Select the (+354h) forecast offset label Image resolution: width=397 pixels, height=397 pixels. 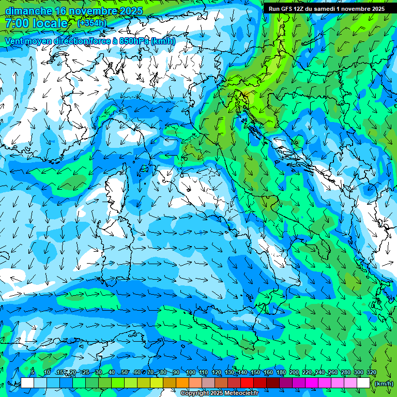pyautogui.click(x=91, y=23)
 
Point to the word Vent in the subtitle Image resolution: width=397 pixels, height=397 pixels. pyautogui.click(x=14, y=41)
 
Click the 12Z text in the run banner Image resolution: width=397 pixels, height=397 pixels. pyautogui.click(x=300, y=9)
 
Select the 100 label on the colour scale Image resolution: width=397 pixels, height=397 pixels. pyautogui.click(x=190, y=373)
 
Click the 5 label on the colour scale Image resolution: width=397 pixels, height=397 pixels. pyautogui.click(x=33, y=373)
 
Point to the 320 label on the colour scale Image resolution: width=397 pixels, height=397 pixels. pyautogui.click(x=371, y=373)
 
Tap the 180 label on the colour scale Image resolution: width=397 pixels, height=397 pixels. pyautogui.click(x=281, y=373)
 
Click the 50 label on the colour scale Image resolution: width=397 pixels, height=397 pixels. pyautogui.click(x=125, y=373)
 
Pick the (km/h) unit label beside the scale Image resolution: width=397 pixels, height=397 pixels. pyautogui.click(x=383, y=383)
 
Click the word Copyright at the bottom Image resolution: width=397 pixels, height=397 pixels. pyautogui.click(x=196, y=393)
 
